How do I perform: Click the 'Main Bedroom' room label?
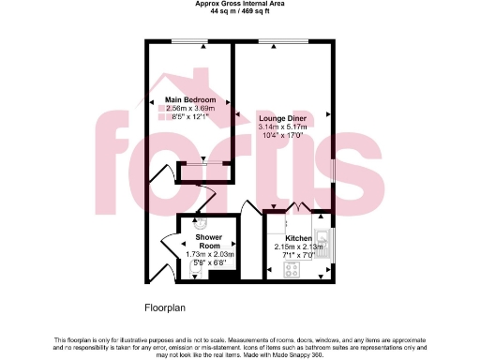190,99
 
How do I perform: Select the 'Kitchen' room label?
298,238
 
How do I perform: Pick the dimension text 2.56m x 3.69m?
190,109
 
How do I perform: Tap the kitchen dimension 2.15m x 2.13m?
298,247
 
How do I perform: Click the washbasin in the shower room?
199,223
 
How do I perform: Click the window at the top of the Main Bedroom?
190,40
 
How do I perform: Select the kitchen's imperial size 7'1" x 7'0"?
298,255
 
